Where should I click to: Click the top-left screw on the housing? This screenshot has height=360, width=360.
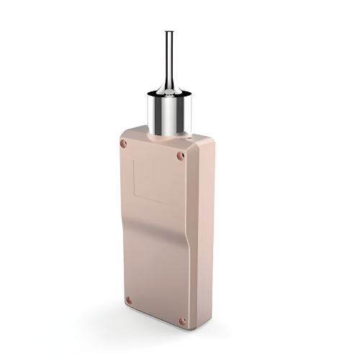(123, 144)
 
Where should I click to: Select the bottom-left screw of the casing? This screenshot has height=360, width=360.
(128, 300)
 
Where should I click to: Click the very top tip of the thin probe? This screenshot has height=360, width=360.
(168, 32)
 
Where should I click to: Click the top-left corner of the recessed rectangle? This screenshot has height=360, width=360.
(134, 160)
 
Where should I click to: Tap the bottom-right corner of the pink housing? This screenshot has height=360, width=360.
(189, 328)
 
